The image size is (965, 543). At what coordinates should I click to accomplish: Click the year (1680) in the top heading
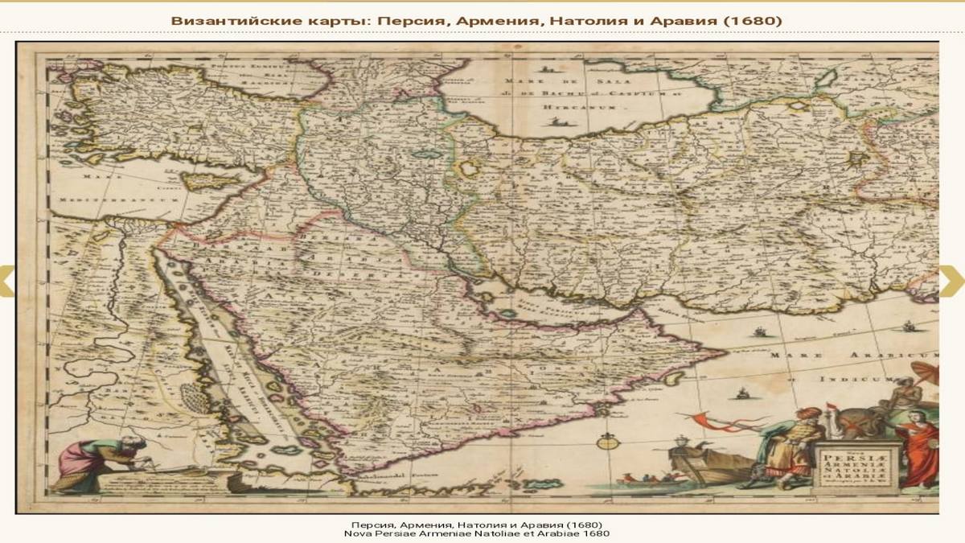[x=752, y=19]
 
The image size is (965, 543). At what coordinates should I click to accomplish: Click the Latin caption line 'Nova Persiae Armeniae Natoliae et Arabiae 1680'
[x=477, y=533]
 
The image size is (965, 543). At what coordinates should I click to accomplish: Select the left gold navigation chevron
[x=6, y=280]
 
